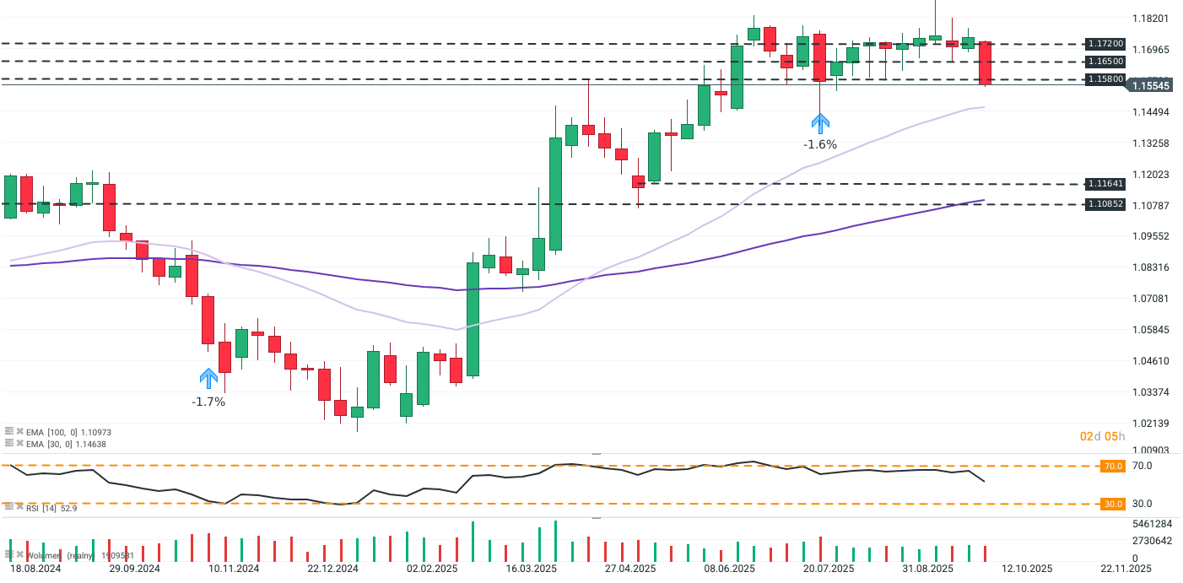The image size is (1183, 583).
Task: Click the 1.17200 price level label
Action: pyautogui.click(x=1105, y=43)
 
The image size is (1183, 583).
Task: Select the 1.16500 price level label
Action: pyautogui.click(x=1105, y=62)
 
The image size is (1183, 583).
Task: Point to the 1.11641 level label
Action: pyautogui.click(x=1105, y=183)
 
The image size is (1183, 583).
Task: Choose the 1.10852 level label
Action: pyautogui.click(x=1105, y=204)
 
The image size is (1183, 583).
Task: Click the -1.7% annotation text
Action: pyautogui.click(x=208, y=402)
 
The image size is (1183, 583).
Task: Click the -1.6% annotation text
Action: pyautogui.click(x=819, y=144)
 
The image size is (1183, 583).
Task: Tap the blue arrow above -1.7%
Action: pyautogui.click(x=208, y=378)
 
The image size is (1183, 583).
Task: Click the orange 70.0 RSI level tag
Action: pyautogui.click(x=1113, y=466)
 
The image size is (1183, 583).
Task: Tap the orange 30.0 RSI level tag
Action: pyautogui.click(x=1113, y=504)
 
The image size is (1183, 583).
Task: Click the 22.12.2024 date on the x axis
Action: pyautogui.click(x=332, y=569)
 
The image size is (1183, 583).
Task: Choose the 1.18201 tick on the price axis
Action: pyautogui.click(x=1150, y=19)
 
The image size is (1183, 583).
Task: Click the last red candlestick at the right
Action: pyautogui.click(x=985, y=63)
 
